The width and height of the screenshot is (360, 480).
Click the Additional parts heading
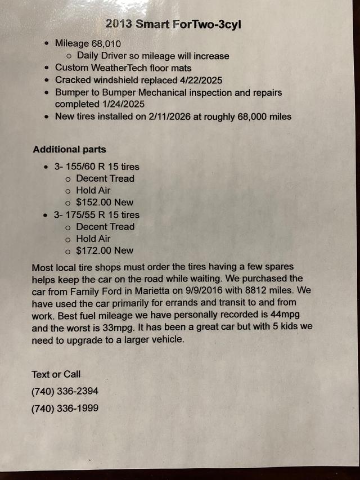(69, 149)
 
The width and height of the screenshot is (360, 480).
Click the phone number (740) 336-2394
(65, 391)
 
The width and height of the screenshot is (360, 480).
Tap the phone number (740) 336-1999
(65, 408)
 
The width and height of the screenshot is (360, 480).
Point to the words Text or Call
(56, 374)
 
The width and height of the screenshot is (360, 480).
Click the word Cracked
(74, 80)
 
